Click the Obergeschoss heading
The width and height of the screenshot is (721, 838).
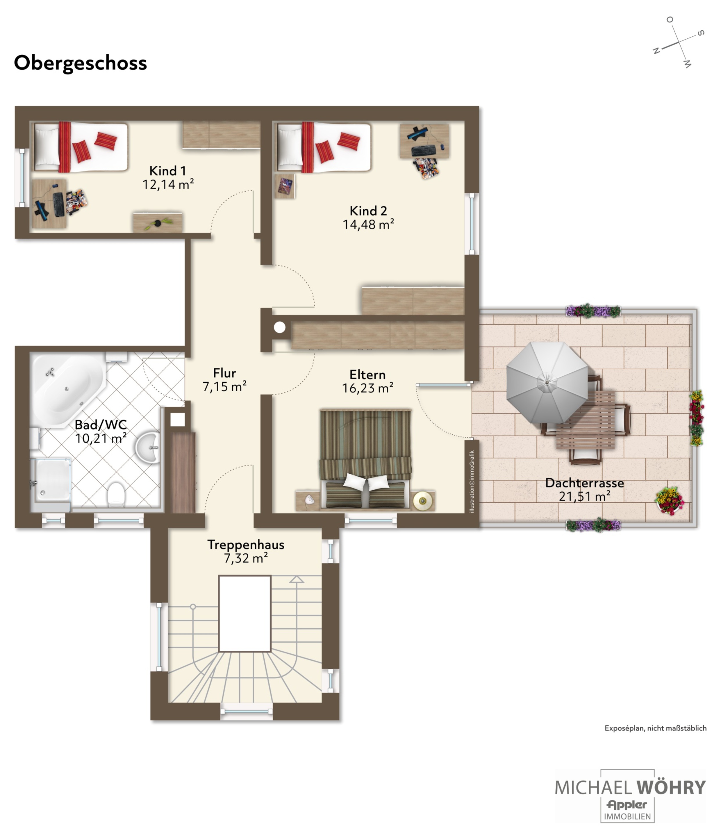pos(81,63)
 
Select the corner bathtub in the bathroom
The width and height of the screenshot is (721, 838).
pos(67,390)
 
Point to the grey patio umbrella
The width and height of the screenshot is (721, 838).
pos(547,382)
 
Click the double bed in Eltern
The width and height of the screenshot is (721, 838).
pos(365,460)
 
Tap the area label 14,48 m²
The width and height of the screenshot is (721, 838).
pos(368,224)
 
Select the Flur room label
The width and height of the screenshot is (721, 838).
pos(224,373)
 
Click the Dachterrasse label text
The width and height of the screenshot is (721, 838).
pos(584,483)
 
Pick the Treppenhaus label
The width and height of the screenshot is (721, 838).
pos(246,545)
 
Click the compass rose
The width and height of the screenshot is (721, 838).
pos(679,42)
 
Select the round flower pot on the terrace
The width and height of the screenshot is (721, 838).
pos(669,501)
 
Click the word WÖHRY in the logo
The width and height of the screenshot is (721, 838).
pos(671,788)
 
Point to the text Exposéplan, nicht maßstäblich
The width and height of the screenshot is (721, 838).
pos(656,728)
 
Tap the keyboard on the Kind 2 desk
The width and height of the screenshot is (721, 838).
pos(424,151)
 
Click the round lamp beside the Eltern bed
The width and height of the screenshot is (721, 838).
pos(423,502)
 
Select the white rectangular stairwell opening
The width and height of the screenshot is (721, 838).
pos(245,614)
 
